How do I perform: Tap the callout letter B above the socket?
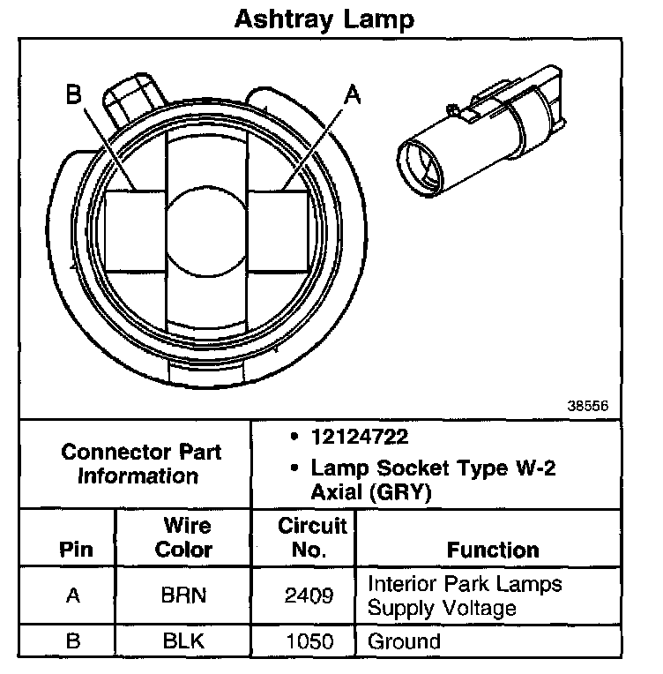tap(75, 94)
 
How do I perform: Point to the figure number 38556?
tap(586, 407)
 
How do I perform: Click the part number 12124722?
tap(359, 438)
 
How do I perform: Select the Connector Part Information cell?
tap(130, 464)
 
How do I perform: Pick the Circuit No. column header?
tap(303, 537)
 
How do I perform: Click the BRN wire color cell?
tap(183, 595)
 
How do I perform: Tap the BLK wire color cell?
tap(183, 641)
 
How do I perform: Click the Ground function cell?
tap(403, 641)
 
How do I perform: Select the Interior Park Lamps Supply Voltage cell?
tap(465, 595)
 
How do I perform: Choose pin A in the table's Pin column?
tap(74, 595)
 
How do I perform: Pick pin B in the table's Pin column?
tap(74, 641)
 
